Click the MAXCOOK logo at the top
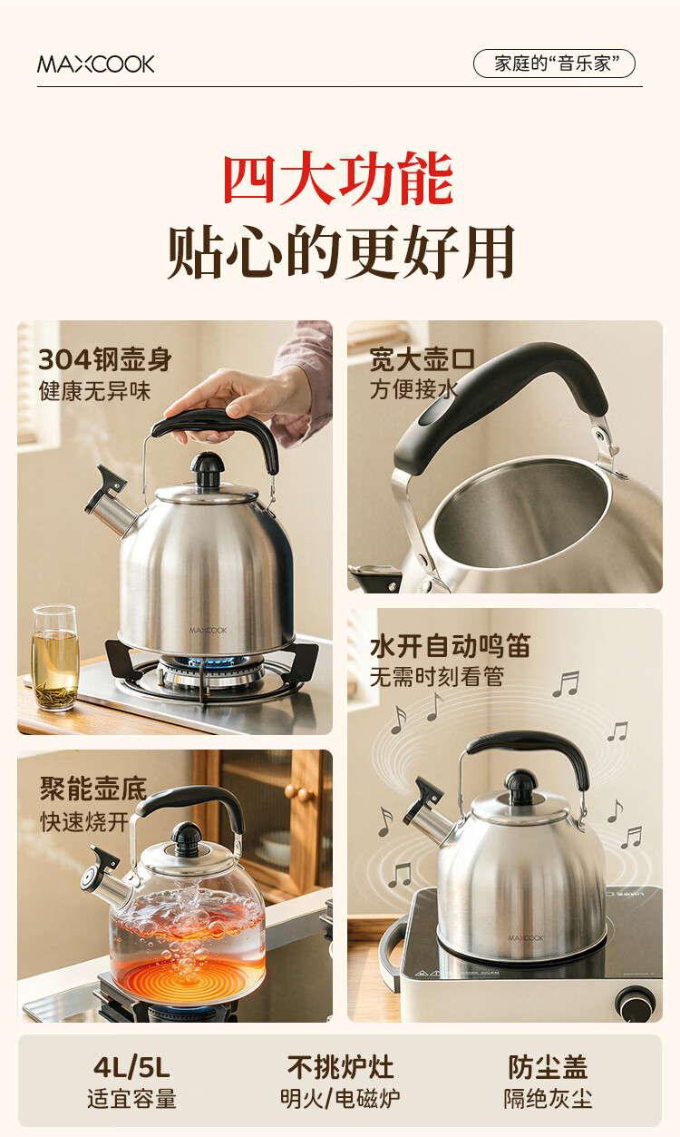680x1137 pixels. click(95, 64)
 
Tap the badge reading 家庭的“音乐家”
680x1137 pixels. click(554, 64)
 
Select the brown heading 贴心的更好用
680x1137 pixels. click(341, 251)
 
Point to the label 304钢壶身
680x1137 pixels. click(105, 359)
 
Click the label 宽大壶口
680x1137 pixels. click(423, 359)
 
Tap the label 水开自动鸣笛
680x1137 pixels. click(450, 647)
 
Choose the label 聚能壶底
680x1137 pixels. click(92, 789)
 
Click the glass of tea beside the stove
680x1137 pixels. click(54, 658)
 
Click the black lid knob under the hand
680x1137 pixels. click(208, 466)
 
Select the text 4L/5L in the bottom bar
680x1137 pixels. click(131, 1067)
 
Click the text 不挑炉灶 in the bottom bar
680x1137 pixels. click(340, 1067)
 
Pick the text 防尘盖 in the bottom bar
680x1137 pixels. click(548, 1067)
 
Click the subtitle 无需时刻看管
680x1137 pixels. click(436, 677)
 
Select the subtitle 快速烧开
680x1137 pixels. click(84, 821)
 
